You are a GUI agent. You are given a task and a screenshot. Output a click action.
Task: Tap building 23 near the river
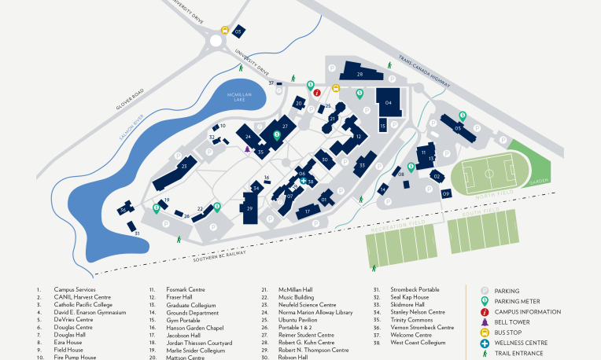point(184,167)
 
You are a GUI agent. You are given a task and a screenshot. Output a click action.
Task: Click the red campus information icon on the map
point(317,92)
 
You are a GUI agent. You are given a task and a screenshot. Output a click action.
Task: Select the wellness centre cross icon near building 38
point(304,181)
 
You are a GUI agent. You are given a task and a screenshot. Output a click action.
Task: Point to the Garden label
point(538,181)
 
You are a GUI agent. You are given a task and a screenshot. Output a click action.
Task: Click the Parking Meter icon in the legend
point(485,301)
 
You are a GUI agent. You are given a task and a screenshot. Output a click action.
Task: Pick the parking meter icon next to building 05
point(463,116)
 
